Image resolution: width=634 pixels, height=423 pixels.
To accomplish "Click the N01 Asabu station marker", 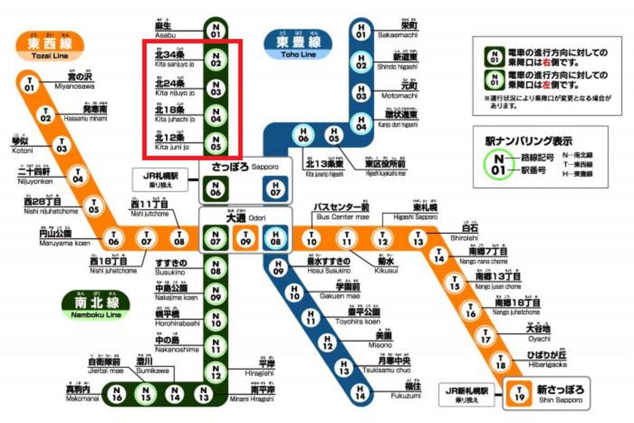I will (x=215, y=30).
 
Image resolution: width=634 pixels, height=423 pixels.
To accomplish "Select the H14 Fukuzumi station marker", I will (x=361, y=392).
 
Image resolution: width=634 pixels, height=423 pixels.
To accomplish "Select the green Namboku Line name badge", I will (x=96, y=305).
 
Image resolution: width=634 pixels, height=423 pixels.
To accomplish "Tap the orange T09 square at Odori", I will (x=245, y=238).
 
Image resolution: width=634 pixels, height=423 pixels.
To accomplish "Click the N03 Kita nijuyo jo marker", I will (x=215, y=88).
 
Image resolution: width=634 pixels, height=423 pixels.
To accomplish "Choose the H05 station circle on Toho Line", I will (x=333, y=135).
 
